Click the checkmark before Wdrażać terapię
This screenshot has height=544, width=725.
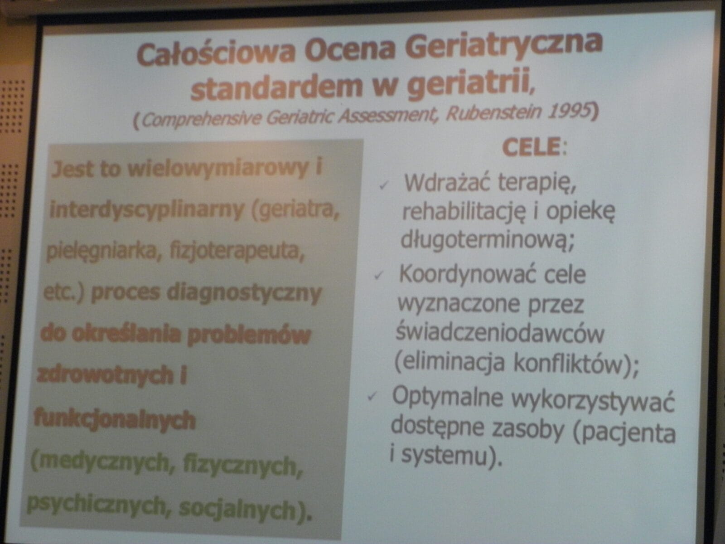(x=383, y=185)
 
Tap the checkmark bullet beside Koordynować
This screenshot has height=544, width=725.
(x=378, y=275)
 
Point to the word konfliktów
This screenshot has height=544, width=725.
(x=568, y=363)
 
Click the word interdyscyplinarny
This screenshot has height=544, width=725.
(x=147, y=210)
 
